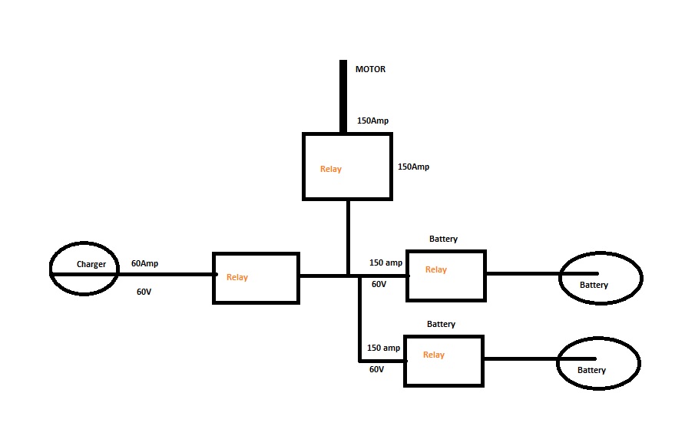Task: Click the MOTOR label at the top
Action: [x=370, y=69]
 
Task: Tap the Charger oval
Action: [x=84, y=270]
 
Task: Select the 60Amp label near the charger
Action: [x=144, y=263]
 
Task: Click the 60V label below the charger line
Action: [x=144, y=292]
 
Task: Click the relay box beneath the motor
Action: [x=348, y=167]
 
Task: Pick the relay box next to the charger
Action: [x=256, y=277]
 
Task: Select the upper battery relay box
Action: [x=445, y=275]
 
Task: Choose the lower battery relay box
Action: [x=443, y=360]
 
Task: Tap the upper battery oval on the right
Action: [x=601, y=276]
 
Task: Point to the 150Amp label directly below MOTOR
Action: [x=373, y=121]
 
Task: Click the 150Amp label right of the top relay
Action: [x=413, y=167]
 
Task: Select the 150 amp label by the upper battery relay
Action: [x=385, y=263]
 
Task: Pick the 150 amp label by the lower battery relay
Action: [x=383, y=348]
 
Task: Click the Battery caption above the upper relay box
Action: [x=443, y=239]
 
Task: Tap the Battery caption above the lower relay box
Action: [x=441, y=324]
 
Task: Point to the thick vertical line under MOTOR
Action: [x=343, y=96]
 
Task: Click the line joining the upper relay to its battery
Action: [x=522, y=272]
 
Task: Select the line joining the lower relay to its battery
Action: [x=521, y=358]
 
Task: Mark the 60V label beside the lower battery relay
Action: [x=376, y=369]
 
